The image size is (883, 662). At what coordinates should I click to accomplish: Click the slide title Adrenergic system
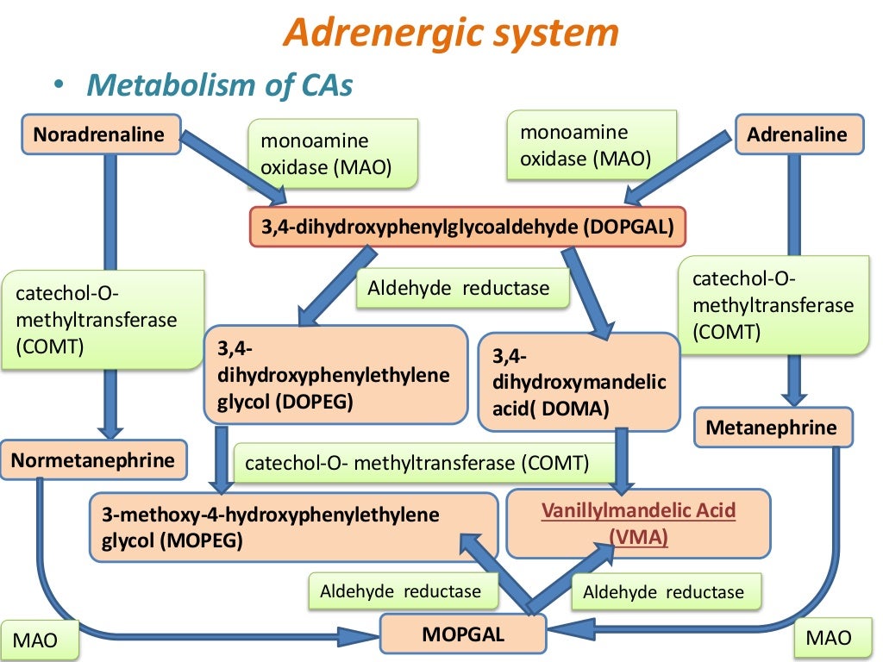451,34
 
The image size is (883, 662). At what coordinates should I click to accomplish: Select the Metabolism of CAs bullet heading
219,85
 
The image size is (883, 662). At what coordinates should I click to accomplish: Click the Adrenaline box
798,134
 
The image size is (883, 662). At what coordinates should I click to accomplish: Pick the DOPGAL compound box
467,227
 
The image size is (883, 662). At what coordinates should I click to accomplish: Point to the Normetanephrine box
93,460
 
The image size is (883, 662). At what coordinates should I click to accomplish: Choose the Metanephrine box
772,428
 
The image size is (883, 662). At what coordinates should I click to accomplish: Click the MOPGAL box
463,635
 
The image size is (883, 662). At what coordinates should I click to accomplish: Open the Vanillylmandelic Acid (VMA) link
638,523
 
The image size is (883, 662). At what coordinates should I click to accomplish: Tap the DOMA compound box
579,382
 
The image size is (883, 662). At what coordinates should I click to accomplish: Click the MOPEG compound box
293,527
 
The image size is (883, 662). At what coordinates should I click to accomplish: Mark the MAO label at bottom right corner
828,638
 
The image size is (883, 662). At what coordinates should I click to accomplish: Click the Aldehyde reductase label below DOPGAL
463,288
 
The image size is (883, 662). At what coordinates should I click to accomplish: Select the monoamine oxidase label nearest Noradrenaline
332,154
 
